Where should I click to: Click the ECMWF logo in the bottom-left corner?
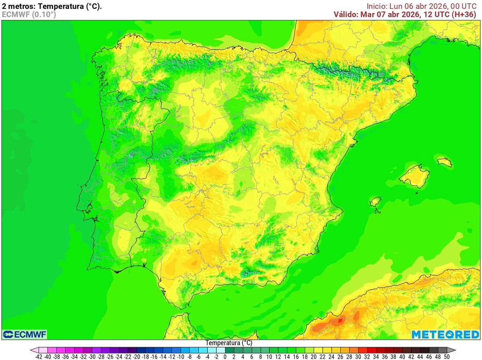(x=25, y=334)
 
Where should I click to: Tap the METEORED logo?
(x=445, y=334)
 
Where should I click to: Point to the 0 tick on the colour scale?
(x=225, y=356)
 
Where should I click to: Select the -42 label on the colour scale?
(x=39, y=356)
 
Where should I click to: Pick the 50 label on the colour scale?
(x=446, y=356)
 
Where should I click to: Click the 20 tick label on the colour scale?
(x=314, y=356)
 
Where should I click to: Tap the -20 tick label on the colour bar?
(x=137, y=356)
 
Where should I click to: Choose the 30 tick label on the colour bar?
(x=358, y=356)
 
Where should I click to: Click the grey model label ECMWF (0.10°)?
(x=29, y=14)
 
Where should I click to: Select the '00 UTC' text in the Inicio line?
(x=464, y=6)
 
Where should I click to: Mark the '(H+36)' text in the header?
(x=466, y=14)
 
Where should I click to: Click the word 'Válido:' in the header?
(x=347, y=14)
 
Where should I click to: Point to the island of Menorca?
(x=445, y=162)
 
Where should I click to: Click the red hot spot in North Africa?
(x=340, y=321)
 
